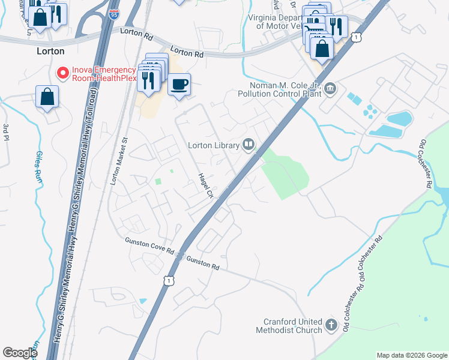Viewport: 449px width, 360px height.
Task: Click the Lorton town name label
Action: tap(50, 52)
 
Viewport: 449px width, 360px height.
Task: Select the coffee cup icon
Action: tap(178, 84)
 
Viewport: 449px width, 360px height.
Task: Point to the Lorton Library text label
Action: tap(214, 144)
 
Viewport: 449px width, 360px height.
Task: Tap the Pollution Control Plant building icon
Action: tap(330, 90)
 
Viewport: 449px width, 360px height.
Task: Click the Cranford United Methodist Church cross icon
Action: tap(331, 326)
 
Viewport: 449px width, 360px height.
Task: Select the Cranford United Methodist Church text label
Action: tap(289, 326)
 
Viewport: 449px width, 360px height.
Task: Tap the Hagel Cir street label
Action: tap(206, 185)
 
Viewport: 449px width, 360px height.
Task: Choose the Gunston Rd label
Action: tap(203, 263)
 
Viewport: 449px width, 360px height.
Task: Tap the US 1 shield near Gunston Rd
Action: tap(170, 280)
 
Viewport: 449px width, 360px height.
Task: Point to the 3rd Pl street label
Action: tap(6, 134)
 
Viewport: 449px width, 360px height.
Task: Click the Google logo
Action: tap(20, 353)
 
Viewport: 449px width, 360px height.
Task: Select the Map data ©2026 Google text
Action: tap(412, 355)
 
